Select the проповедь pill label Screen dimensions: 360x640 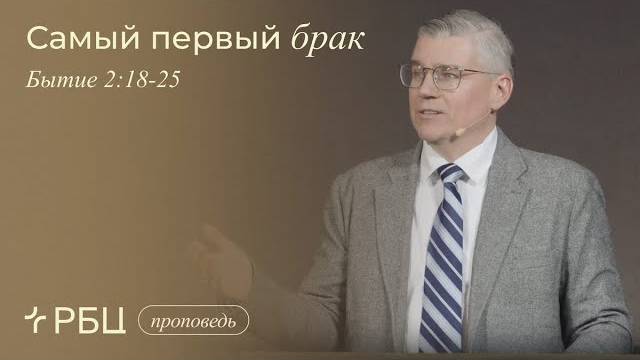click(x=192, y=322)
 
